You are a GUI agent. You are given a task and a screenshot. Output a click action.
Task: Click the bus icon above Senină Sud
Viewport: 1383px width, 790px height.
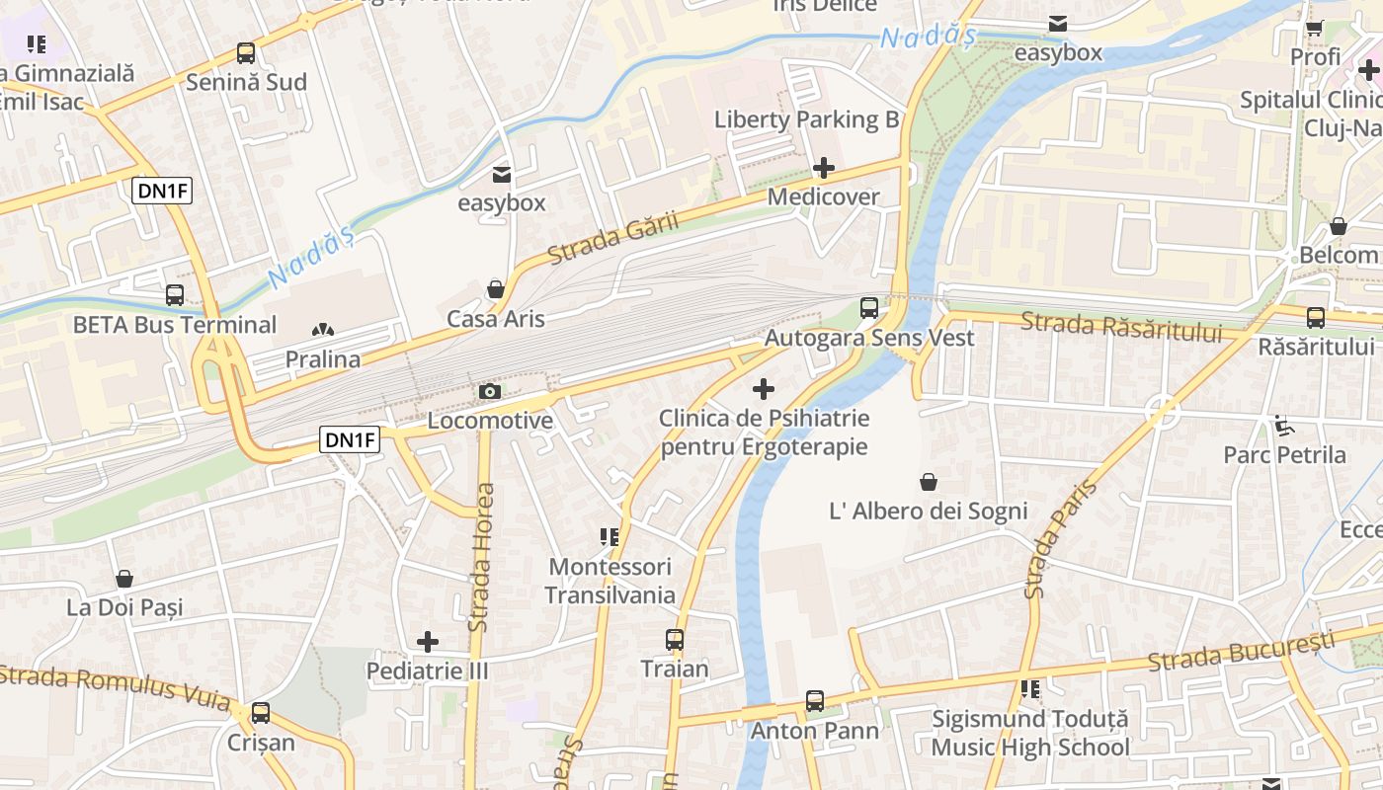pos(246,53)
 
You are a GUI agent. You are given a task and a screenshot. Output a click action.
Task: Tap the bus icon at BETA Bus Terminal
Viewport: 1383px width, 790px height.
pos(175,295)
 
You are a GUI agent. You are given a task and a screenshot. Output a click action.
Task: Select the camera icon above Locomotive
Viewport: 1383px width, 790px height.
pos(489,392)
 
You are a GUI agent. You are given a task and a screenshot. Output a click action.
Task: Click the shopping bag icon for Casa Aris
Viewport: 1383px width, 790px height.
pos(496,289)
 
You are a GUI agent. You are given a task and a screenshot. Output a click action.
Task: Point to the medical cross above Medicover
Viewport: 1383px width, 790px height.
pos(824,168)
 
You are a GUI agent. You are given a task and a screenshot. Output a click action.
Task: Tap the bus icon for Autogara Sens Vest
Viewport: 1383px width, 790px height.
pos(869,308)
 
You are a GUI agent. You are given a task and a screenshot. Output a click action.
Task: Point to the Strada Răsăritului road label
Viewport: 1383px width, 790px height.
pos(1121,327)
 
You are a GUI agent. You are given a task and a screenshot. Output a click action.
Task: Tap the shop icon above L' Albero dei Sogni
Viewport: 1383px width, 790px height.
pos(929,482)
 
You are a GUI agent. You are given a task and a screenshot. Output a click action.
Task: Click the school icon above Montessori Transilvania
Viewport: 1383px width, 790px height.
pos(610,537)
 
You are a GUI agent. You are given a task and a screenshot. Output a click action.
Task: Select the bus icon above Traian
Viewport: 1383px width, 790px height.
pos(675,640)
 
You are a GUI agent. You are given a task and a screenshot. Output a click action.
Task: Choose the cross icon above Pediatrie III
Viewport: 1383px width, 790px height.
pos(428,642)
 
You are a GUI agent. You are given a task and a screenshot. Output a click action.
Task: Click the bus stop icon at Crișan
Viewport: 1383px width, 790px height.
pos(261,712)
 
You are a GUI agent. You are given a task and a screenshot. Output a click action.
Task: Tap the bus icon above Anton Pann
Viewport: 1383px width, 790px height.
pos(815,701)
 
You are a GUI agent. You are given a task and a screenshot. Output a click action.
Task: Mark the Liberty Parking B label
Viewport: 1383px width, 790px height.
pos(806,120)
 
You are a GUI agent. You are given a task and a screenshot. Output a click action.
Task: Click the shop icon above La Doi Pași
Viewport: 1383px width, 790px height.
pos(124,579)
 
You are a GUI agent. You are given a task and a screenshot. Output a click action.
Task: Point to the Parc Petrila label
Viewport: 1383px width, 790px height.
pos(1284,455)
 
